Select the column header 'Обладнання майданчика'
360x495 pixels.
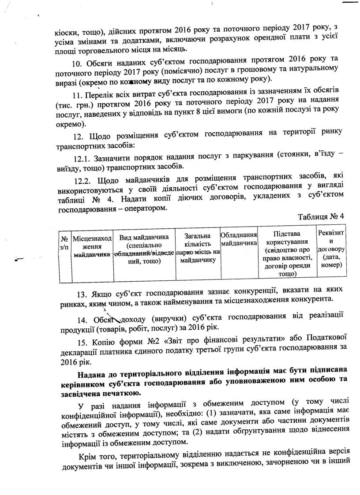pos(238,239)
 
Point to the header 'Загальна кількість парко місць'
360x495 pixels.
pos(197,248)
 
